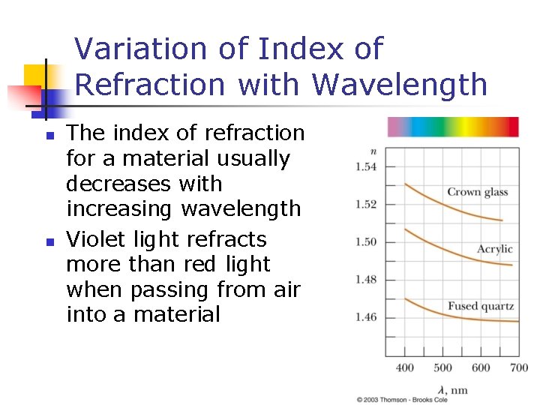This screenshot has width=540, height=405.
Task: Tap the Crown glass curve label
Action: coord(478,192)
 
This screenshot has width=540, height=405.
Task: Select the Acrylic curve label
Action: coord(495,249)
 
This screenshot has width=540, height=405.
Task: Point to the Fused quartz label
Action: coord(481,306)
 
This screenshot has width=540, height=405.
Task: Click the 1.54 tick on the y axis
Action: coord(366,166)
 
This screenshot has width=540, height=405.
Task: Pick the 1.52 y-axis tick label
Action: coord(366,204)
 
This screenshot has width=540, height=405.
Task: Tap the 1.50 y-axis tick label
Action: coord(366,241)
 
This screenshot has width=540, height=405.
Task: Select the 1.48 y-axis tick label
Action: coord(366,279)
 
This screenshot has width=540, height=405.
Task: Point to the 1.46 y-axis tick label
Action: coord(366,317)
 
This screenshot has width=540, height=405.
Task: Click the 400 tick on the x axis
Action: coord(404,367)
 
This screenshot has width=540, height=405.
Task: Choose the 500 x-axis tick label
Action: coord(442,367)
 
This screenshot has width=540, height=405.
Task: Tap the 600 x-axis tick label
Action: coord(481,367)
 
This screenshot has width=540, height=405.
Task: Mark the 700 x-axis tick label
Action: coord(519,367)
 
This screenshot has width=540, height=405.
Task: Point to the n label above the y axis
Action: coord(373,152)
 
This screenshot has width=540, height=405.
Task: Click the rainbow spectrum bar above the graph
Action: coord(453,127)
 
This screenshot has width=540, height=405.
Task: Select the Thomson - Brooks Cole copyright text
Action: coord(402,400)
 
